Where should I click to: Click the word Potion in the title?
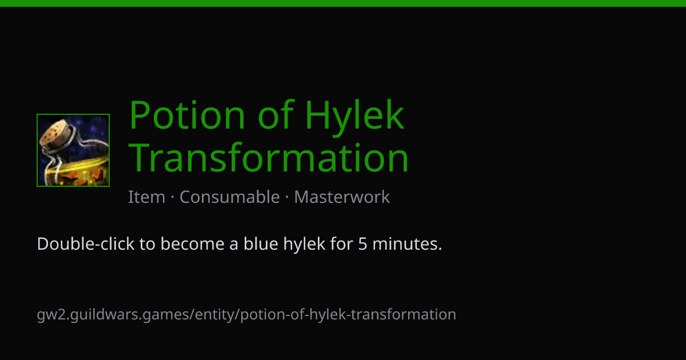click(187, 114)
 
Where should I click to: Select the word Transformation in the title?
click(269, 157)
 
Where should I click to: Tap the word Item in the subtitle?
click(147, 197)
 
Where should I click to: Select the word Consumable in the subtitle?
click(230, 197)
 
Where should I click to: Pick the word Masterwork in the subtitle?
click(342, 197)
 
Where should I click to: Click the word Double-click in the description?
click(86, 244)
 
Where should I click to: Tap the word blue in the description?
click(261, 244)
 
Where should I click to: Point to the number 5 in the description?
click(362, 245)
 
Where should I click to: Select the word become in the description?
click(192, 244)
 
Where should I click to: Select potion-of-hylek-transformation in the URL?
click(348, 315)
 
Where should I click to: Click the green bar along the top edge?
click(343, 3)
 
